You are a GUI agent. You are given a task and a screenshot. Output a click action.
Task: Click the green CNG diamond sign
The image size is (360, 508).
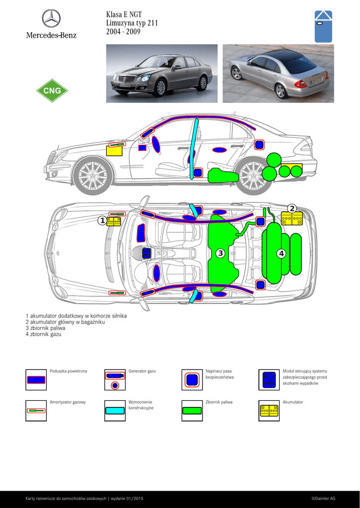point(52,90)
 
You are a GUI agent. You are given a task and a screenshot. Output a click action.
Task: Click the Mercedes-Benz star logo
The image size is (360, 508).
point(51,18)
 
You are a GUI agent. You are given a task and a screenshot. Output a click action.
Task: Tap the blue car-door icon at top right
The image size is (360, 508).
point(323,27)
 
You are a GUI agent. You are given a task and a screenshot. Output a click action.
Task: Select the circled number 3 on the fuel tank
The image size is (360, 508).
point(220,253)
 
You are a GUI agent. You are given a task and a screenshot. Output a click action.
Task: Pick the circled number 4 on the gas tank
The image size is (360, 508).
point(281,254)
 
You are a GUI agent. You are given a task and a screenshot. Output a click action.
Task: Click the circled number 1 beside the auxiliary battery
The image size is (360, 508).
point(102,221)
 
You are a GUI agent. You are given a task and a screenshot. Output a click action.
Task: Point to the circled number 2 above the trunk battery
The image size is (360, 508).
point(292,208)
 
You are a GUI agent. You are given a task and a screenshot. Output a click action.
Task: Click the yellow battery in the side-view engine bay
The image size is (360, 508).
point(115,151)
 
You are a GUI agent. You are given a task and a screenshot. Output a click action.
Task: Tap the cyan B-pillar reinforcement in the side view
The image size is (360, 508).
point(194,148)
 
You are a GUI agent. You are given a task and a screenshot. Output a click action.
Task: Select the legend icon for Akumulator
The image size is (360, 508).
point(269,410)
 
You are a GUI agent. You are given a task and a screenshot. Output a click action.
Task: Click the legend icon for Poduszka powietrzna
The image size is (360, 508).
point(36,380)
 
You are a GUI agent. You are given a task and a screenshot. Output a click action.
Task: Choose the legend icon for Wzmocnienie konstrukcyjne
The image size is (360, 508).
point(115,410)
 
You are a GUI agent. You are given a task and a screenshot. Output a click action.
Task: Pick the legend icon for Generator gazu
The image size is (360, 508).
point(115,380)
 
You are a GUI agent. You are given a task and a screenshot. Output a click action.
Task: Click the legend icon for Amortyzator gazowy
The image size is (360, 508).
point(36,410)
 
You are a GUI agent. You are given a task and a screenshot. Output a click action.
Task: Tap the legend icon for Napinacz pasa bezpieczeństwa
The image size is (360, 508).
point(192,380)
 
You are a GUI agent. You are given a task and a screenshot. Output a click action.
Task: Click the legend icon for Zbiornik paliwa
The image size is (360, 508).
point(192,410)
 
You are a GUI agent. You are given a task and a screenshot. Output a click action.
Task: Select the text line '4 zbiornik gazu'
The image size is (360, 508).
point(44,334)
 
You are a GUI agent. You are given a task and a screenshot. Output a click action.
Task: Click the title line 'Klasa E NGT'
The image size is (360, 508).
point(124,14)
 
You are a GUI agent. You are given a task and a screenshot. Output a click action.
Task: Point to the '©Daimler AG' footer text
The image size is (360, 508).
point(323,499)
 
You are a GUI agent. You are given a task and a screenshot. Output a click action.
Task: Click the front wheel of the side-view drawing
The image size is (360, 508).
point(93,176)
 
